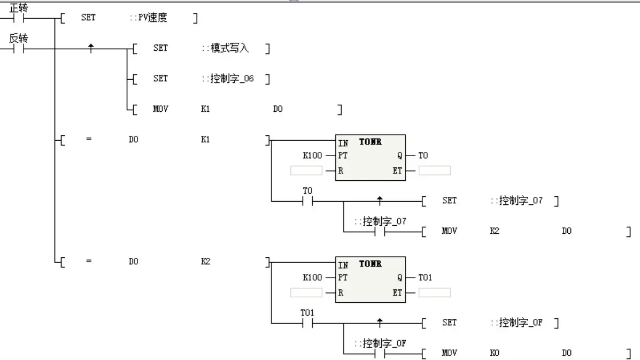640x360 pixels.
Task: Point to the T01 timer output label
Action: (x=425, y=278)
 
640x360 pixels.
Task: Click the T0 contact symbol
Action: (x=307, y=202)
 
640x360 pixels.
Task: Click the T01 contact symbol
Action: (x=307, y=323)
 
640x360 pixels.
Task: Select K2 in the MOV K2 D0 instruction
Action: (x=495, y=232)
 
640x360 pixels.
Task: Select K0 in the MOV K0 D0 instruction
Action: (x=495, y=353)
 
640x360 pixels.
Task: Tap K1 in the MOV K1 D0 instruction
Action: (x=205, y=109)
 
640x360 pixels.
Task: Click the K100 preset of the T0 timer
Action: (x=312, y=156)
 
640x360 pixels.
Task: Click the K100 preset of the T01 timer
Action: (x=312, y=278)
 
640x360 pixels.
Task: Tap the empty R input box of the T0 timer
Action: (x=306, y=171)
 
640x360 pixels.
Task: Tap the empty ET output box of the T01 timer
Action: (x=434, y=293)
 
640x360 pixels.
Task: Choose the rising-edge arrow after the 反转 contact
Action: (x=91, y=48)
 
